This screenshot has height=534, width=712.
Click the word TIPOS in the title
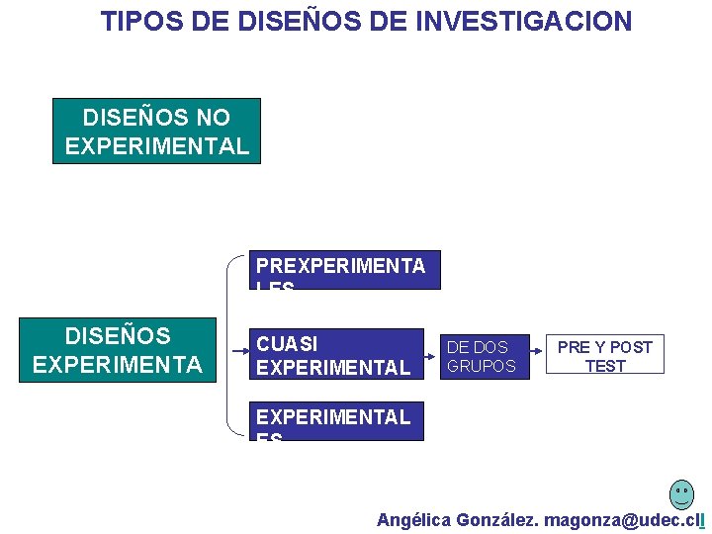coord(136,21)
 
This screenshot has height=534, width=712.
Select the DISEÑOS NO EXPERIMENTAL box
coord(156,131)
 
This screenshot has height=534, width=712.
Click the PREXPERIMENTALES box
coord(344,270)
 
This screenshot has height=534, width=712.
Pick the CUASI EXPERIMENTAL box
coord(336,354)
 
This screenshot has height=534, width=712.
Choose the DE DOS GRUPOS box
coord(482,356)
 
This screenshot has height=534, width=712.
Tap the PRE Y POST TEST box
coord(605,355)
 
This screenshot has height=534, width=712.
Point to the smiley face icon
coord(681,493)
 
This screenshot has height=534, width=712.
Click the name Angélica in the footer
coord(413,520)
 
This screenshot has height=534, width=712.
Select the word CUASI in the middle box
coord(287,343)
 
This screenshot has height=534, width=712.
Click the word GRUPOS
coord(482,366)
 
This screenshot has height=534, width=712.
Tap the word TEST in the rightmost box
coord(605,366)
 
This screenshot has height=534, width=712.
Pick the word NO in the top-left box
coord(213,118)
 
